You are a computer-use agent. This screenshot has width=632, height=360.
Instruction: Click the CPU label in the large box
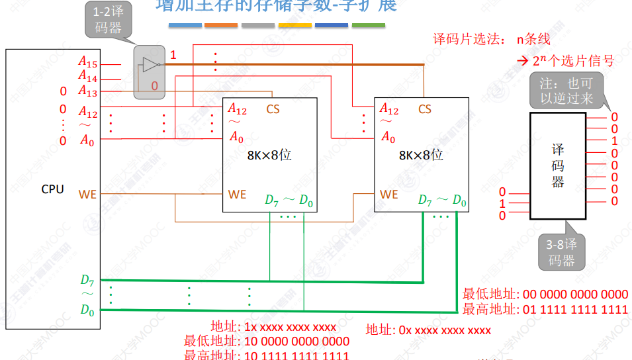pos(52,189)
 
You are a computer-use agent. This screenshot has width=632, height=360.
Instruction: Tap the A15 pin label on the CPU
pos(88,63)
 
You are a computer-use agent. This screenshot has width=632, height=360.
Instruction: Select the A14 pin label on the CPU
pos(88,78)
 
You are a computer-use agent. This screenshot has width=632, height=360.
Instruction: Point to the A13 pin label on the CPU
pos(88,91)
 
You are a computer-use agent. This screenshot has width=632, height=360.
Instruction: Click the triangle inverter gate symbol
pos(150,65)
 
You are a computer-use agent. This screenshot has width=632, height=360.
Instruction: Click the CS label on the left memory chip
pos(273,109)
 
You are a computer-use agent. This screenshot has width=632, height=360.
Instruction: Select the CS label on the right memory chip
pos(425,109)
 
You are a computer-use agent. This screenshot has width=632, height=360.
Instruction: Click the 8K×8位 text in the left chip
pos(269,156)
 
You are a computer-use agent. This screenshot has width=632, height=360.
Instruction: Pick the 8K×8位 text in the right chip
pos(421,156)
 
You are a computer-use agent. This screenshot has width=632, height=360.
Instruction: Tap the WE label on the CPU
pos(87,195)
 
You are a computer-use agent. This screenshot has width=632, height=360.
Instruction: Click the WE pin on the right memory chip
pos(389,195)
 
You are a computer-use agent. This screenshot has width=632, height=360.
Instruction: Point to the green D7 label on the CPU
pos(88,280)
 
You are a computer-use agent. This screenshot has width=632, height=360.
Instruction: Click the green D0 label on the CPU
pos(88,309)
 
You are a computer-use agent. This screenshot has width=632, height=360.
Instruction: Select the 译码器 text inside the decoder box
pos(558,165)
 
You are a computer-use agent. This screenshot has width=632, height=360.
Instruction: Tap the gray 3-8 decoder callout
pos(562,253)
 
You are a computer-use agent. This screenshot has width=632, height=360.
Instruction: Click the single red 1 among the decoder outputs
pos(615,141)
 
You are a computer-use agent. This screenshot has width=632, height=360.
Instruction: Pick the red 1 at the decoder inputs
pos(502,204)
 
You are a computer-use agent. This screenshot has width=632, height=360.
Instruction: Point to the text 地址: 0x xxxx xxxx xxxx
pos(428,330)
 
